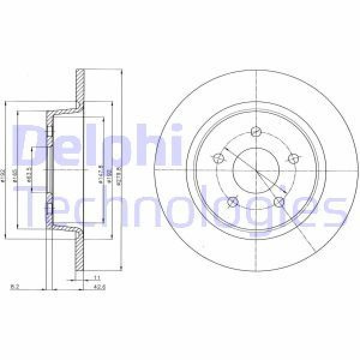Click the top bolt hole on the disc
point(256,132)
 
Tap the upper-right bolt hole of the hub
point(293,158)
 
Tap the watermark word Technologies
point(180,207)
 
